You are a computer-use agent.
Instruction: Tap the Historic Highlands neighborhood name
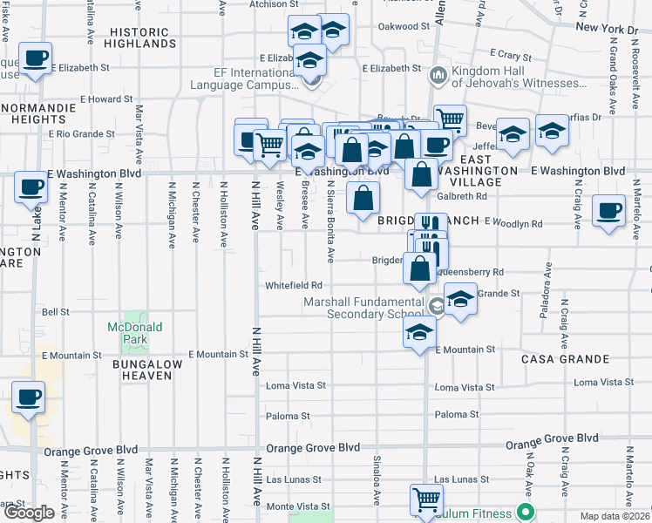coord(144,37)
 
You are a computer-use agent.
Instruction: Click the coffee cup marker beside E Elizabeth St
coord(36,59)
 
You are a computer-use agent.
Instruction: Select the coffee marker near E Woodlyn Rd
coord(608,211)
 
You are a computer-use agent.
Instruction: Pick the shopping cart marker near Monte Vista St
coord(426,499)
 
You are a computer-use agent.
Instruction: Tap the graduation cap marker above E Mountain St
coord(420,333)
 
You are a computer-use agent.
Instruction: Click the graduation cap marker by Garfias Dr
coord(553,132)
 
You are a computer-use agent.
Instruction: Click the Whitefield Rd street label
coord(294,286)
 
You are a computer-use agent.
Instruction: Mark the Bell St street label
coord(56,311)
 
